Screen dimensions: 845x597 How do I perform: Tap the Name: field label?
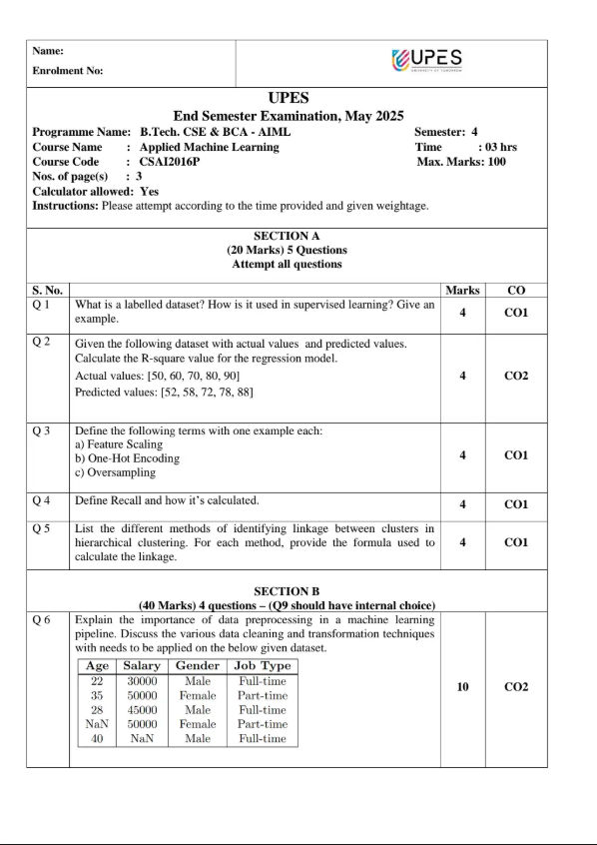[x=48, y=50]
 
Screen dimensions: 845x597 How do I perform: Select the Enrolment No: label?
[x=67, y=71]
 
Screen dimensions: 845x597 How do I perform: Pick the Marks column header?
[x=462, y=290]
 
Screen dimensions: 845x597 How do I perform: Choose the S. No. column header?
[x=48, y=290]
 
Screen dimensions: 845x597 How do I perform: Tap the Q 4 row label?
[x=42, y=499]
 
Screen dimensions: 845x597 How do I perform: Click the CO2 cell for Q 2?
[x=515, y=376]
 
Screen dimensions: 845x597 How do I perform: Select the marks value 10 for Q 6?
[x=462, y=687]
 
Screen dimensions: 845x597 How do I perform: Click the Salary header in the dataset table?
[x=142, y=666]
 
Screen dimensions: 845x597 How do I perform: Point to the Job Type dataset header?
[x=263, y=666]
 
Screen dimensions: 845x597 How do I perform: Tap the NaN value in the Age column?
[x=97, y=724]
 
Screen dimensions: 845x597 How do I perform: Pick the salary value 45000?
[x=142, y=710]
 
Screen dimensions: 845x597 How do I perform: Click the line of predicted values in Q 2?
[x=164, y=393]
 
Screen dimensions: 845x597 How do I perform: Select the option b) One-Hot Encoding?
[x=128, y=458]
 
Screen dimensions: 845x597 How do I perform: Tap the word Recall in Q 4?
[x=129, y=499]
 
